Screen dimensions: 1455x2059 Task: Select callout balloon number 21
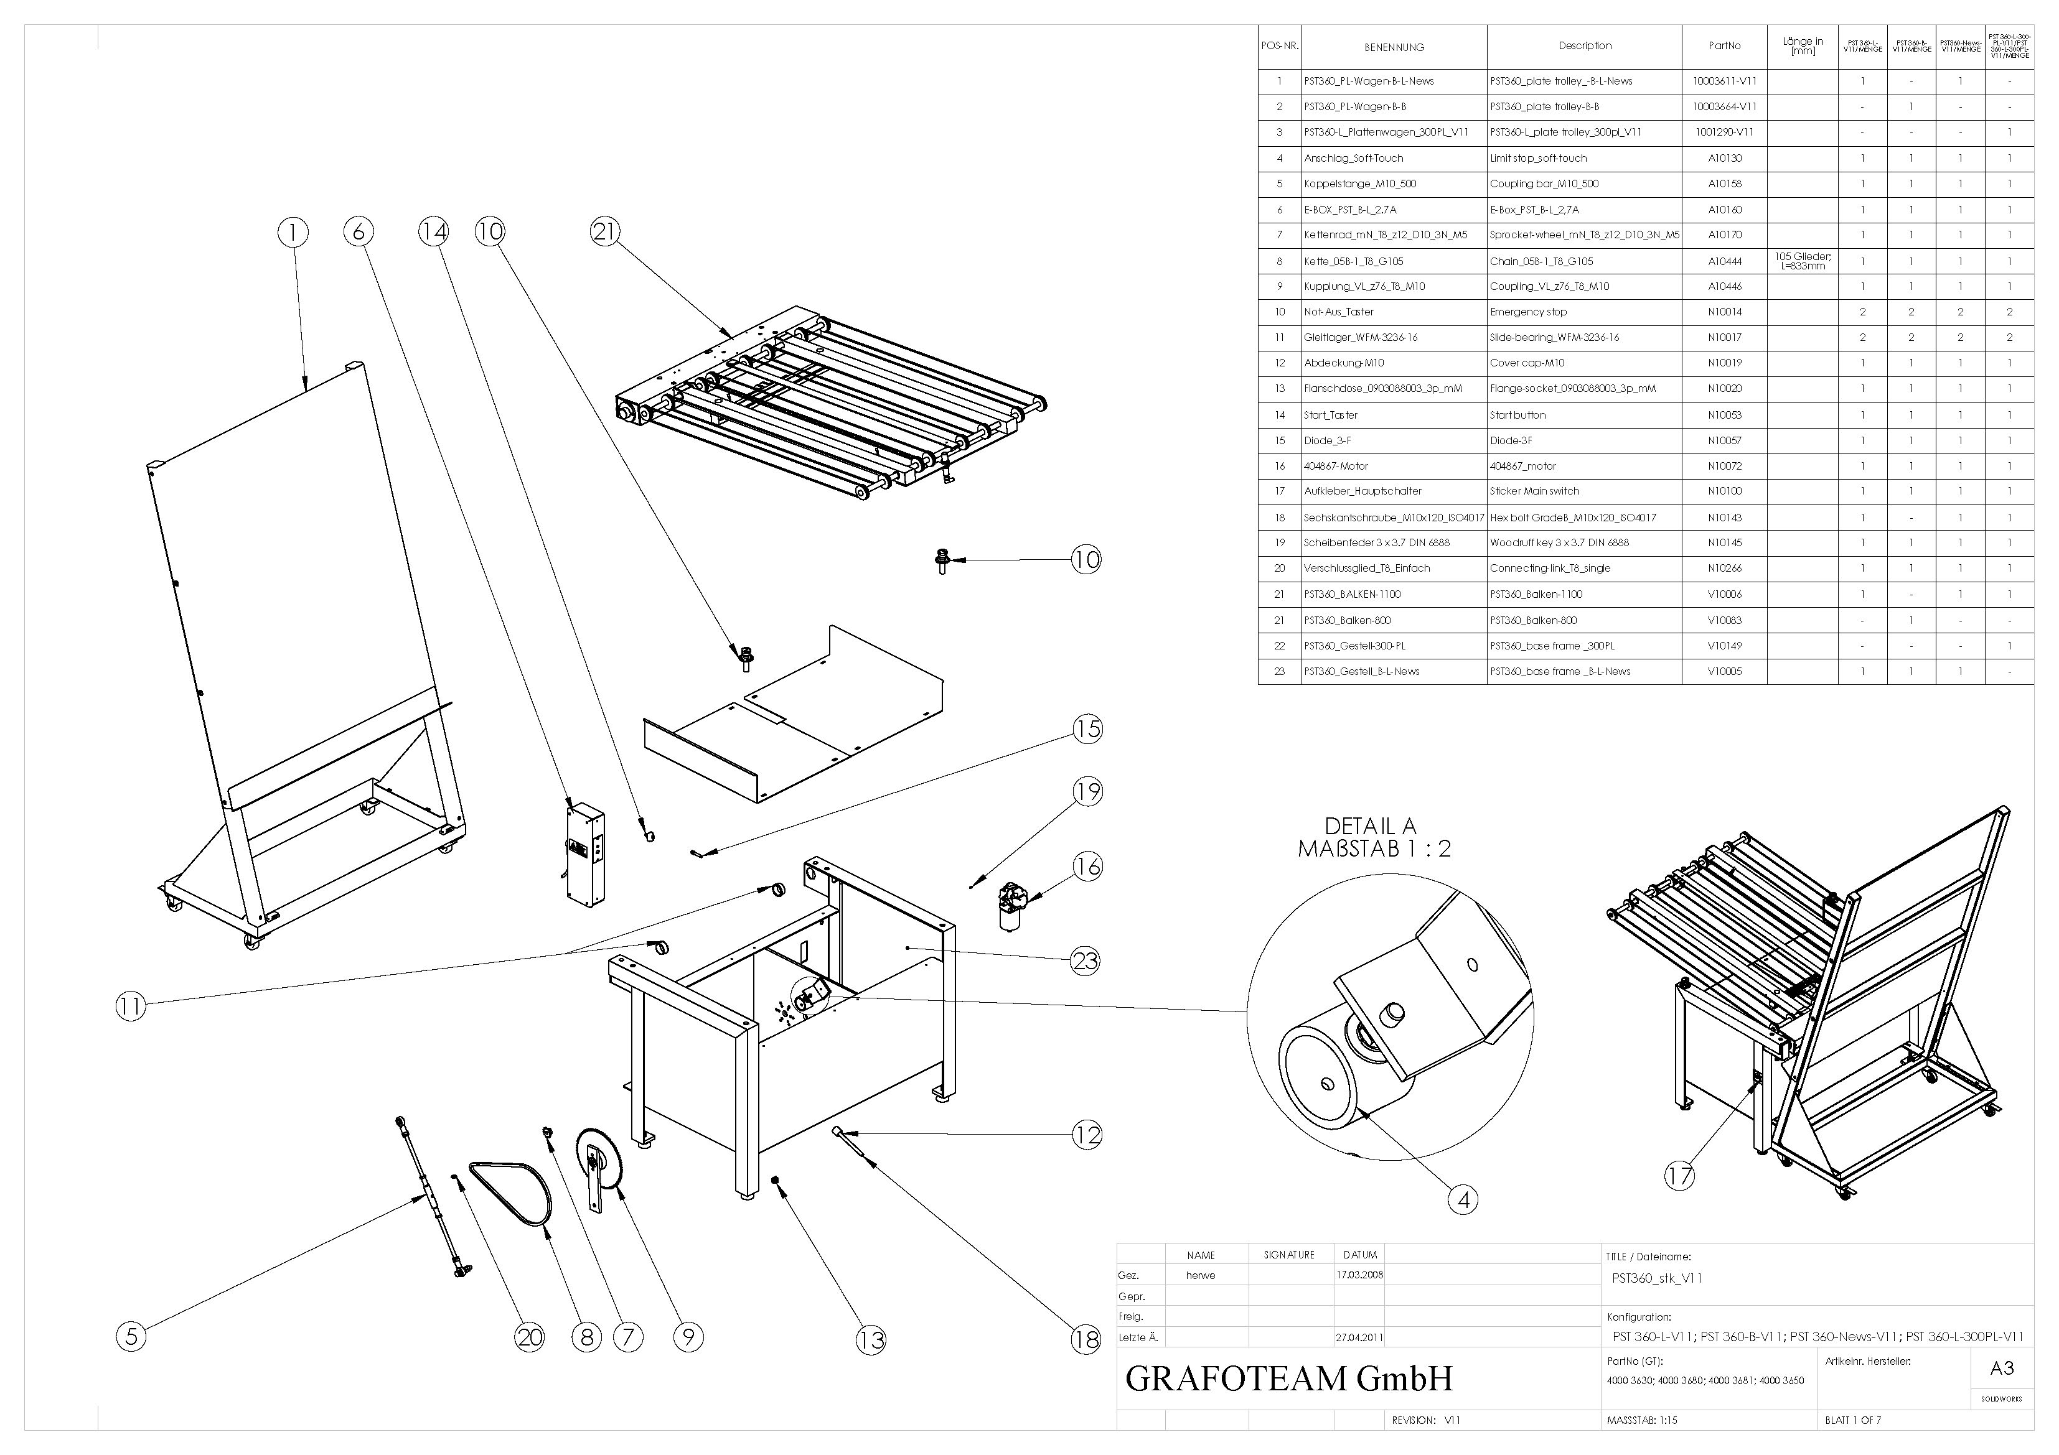coord(604,232)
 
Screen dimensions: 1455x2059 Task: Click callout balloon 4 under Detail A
coord(1463,1199)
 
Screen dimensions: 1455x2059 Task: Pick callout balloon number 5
coord(131,1337)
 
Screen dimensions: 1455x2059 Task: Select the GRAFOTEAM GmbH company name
coord(1288,1378)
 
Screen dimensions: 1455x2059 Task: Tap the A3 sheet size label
coord(2002,1368)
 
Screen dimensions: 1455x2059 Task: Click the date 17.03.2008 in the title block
coord(1359,1275)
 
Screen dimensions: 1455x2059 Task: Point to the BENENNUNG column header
coord(1394,47)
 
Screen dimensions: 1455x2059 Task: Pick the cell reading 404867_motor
coord(1522,466)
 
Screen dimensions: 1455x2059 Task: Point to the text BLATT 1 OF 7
coord(1853,1420)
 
